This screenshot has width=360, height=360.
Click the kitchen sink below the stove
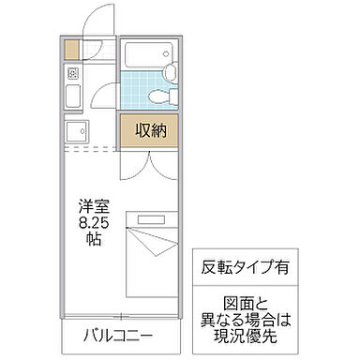[x=72, y=95]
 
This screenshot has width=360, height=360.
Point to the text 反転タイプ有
[x=241, y=266]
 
